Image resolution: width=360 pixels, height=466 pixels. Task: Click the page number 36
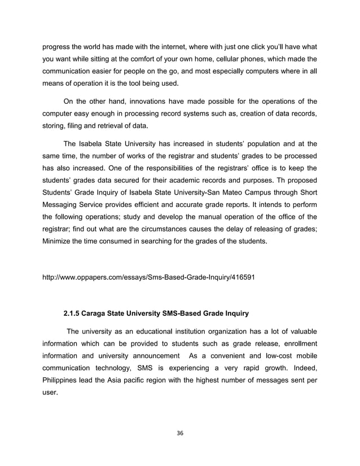[x=179, y=433]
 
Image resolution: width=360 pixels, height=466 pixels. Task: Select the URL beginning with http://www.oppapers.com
[x=148, y=278]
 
